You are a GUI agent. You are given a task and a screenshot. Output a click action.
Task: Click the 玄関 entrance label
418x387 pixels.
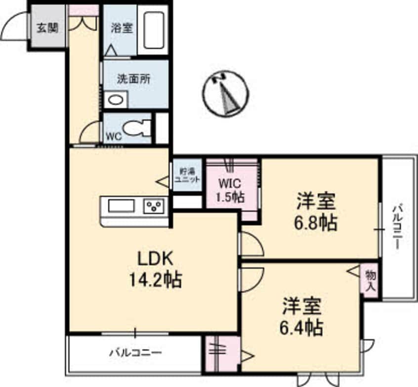point(47,27)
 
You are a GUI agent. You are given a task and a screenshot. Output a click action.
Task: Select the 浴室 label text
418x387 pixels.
point(121,28)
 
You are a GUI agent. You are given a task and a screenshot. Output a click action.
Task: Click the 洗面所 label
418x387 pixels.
point(133,79)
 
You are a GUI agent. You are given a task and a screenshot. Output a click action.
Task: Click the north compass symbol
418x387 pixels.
point(226,94)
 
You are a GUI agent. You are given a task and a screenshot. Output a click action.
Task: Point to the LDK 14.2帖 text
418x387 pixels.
point(155,270)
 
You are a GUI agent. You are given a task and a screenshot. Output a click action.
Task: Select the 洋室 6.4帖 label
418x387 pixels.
point(302,316)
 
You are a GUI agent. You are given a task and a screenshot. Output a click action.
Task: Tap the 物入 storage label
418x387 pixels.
point(370,280)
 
